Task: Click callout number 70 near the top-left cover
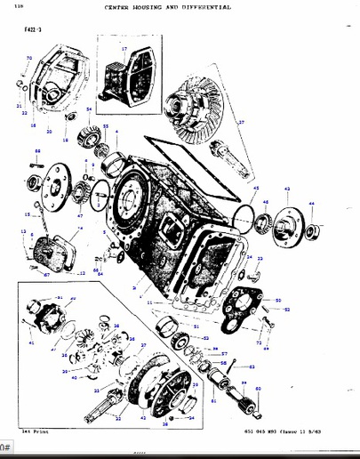tap(28, 59)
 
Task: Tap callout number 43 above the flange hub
tap(286, 189)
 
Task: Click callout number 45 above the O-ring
tap(254, 189)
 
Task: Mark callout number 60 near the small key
tap(258, 389)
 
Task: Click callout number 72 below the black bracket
tap(259, 341)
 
